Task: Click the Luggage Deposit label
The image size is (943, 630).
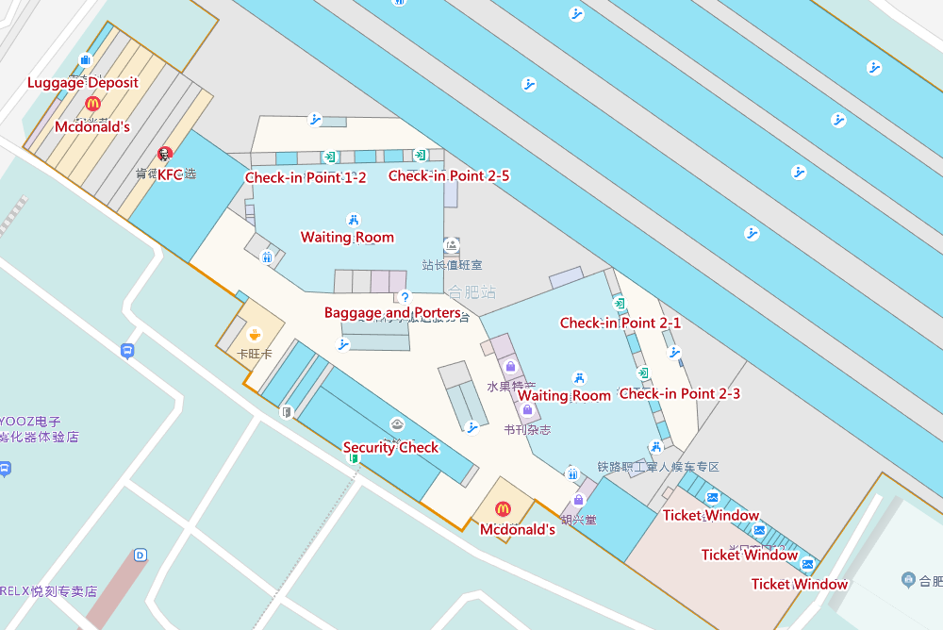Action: coord(83,82)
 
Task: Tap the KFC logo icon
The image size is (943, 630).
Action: coord(165,154)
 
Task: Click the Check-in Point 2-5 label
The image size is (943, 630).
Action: coord(449,175)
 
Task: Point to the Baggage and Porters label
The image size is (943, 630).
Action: coord(392,312)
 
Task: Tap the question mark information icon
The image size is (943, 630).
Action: coord(405,297)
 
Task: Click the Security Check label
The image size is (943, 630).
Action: coord(390,447)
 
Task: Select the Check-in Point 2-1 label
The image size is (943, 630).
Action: coord(620,323)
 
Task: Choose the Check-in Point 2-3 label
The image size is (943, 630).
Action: coord(680,393)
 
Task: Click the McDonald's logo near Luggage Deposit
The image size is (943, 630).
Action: coord(92,104)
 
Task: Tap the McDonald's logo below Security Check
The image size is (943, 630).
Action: coord(503,509)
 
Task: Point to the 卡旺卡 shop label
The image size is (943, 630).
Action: coord(255,354)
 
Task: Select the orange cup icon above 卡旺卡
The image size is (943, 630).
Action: coord(255,334)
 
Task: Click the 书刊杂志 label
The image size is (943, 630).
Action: coord(527,429)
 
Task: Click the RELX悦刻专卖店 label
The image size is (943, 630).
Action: coord(49,591)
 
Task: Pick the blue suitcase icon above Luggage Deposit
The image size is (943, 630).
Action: coord(85,60)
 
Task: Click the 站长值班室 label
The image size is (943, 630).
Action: coord(452,265)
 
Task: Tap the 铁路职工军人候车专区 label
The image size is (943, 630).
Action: coord(658,467)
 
